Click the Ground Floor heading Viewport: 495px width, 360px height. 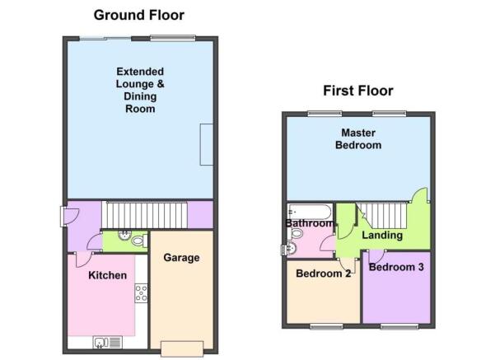(139, 15)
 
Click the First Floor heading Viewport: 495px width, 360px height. (358, 91)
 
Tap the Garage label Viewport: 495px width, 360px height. (181, 258)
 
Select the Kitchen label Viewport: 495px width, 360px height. (107, 275)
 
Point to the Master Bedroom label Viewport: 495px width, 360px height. (358, 139)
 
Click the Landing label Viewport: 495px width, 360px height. (382, 235)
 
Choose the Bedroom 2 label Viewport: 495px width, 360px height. (323, 274)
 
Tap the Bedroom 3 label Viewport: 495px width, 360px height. (396, 267)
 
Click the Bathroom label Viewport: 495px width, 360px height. (310, 223)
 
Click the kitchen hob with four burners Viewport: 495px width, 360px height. (141, 293)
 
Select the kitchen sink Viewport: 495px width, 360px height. (107, 343)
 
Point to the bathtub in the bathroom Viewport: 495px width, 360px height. (310, 212)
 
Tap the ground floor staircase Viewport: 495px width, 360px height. (145, 215)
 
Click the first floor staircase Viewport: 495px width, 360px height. (381, 216)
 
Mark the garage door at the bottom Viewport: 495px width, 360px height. (182, 349)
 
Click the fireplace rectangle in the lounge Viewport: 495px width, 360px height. (207, 145)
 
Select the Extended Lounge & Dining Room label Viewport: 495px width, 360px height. (140, 91)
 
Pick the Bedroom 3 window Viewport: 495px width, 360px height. (399, 326)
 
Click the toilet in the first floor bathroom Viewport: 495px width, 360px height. (296, 234)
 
